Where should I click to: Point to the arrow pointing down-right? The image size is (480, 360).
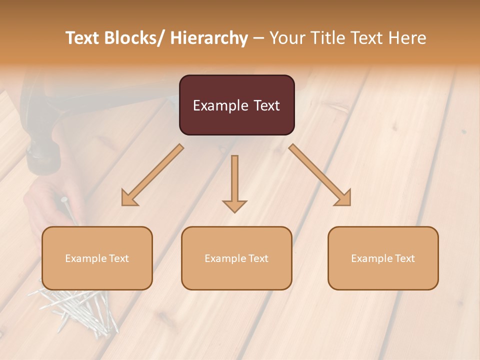[x=320, y=175]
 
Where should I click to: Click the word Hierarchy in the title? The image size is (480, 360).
[x=209, y=38]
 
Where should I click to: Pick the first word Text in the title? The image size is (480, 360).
[x=83, y=38]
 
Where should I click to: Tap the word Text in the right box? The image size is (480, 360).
[x=404, y=258]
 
